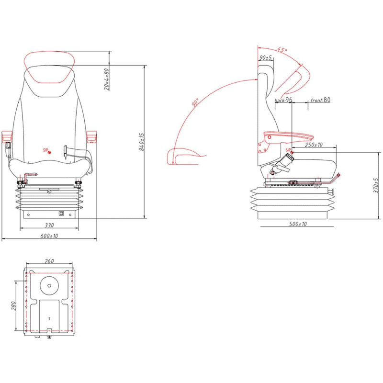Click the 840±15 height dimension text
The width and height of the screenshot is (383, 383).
tap(142, 142)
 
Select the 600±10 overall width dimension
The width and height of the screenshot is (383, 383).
tap(49, 236)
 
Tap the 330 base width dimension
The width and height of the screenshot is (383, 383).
tap(49, 225)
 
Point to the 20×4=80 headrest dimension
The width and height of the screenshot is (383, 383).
tap(106, 79)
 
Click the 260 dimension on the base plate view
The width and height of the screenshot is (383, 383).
tap(49, 261)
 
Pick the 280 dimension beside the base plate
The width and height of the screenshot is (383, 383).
tap(13, 306)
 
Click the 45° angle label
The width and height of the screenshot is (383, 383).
tap(282, 50)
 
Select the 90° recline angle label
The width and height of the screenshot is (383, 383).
tap(195, 102)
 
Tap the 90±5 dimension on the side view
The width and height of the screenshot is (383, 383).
tap(266, 57)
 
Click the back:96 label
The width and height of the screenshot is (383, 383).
tap(283, 100)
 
